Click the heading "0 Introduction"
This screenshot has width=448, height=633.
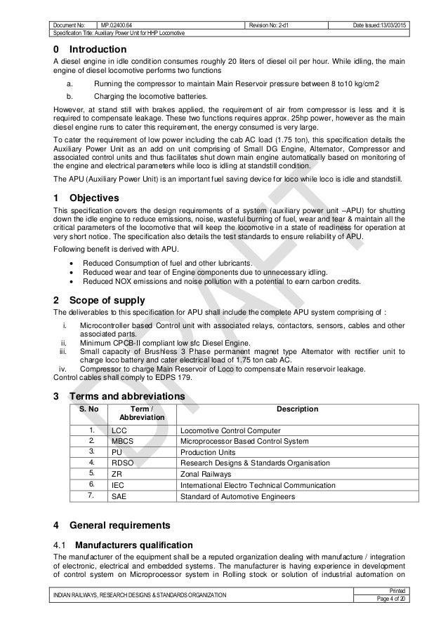click(90, 50)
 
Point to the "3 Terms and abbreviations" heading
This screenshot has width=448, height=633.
click(119, 396)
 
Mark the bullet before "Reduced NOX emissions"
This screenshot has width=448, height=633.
click(74, 282)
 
